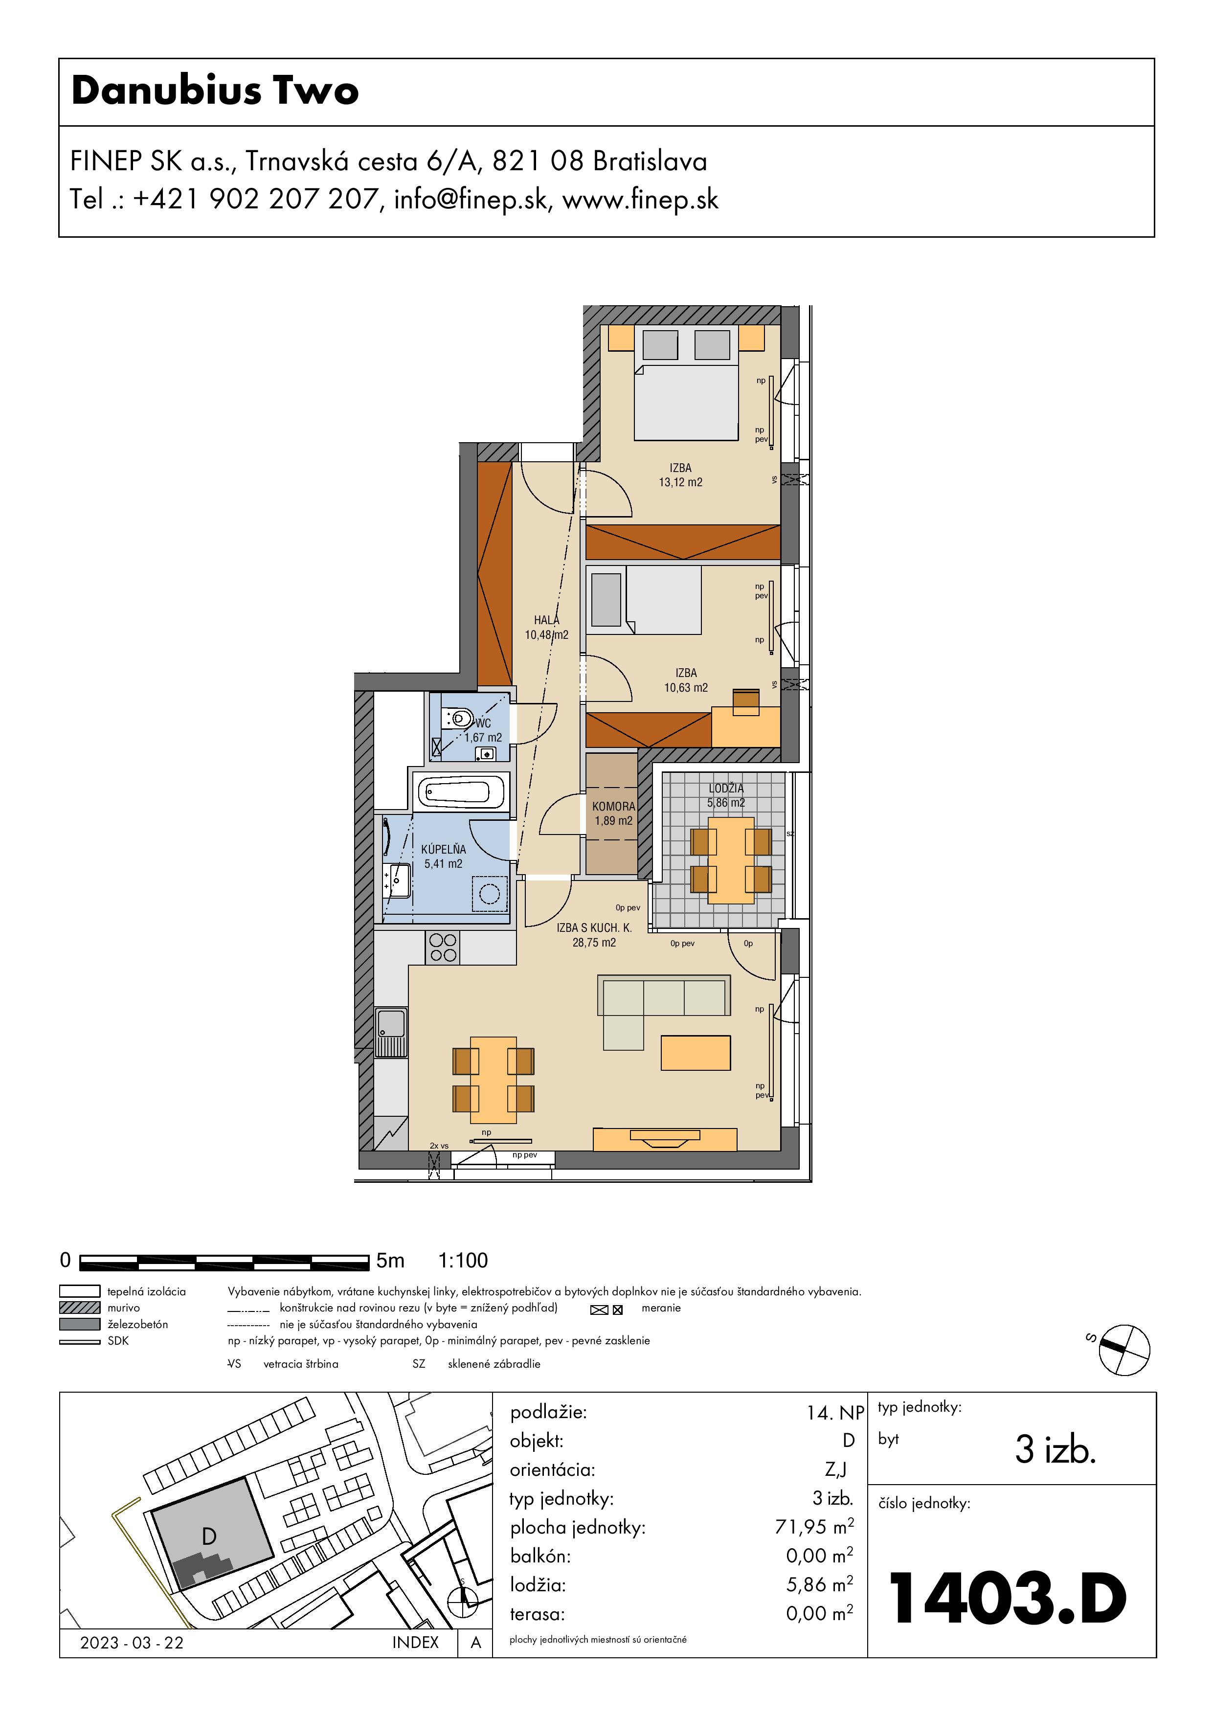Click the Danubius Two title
coord(215,90)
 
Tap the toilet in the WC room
coord(457,719)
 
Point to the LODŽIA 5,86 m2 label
coord(726,795)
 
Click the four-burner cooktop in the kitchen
coord(443,948)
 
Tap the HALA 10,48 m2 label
coord(546,627)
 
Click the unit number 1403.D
coord(1007,1599)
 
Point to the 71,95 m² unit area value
coord(814,1527)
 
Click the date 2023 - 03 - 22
coord(132,1643)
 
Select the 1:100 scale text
coord(463,1261)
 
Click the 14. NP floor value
coord(835,1413)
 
